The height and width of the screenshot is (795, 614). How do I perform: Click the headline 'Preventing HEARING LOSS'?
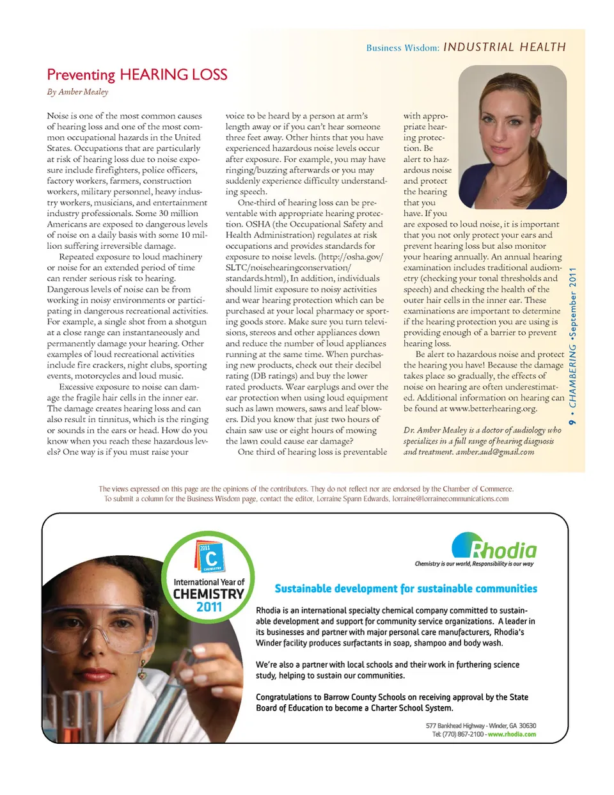pyautogui.click(x=137, y=75)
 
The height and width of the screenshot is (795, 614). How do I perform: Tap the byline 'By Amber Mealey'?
pyautogui.click(x=77, y=92)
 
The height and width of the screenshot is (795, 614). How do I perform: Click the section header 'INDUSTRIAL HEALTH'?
pyautogui.click(x=504, y=47)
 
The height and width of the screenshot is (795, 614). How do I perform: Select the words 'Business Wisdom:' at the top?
pyautogui.click(x=402, y=48)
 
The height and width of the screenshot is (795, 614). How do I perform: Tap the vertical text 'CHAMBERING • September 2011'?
pyautogui.click(x=573, y=345)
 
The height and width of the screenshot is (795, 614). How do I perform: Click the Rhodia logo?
pyautogui.click(x=494, y=547)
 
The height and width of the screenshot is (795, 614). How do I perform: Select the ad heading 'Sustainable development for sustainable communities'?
pyautogui.click(x=405, y=588)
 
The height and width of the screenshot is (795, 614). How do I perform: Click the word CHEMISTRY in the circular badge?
pyautogui.click(x=209, y=594)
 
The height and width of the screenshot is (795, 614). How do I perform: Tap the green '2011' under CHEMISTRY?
pyautogui.click(x=209, y=607)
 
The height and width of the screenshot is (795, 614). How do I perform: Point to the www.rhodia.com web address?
pyautogui.click(x=512, y=734)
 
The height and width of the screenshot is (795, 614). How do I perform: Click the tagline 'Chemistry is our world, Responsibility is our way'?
pyautogui.click(x=474, y=564)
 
